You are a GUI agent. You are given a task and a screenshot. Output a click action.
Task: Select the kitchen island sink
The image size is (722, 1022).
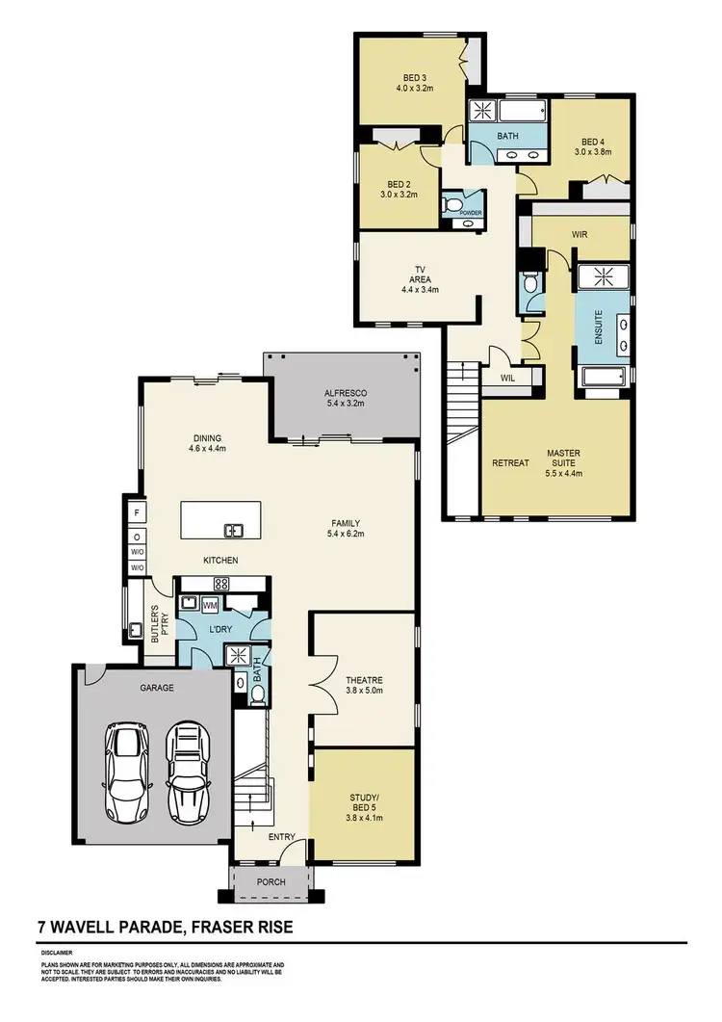point(233,529)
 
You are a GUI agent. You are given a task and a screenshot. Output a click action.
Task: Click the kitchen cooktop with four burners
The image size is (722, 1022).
point(219,583)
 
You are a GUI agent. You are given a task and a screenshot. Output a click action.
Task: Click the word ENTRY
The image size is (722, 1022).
point(282,837)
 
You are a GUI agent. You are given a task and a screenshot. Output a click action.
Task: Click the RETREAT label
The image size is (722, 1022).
point(510,463)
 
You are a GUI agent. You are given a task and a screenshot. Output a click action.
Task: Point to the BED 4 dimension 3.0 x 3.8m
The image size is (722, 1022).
point(594,151)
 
